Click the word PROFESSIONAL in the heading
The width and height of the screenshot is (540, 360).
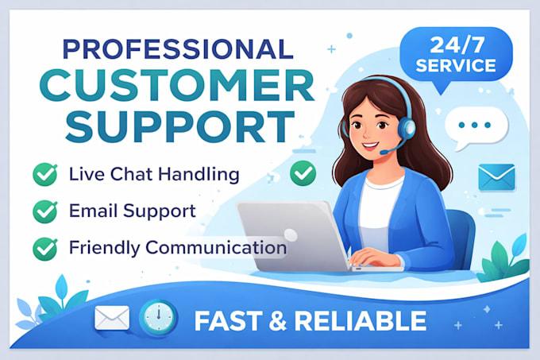178,49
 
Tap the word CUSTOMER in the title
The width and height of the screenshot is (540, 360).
177,85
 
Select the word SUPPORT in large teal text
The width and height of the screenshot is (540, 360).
180,127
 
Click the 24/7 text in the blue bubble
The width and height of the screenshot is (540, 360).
457,45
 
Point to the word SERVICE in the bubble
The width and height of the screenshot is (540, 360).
456,65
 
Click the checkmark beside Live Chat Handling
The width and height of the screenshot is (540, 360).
45,174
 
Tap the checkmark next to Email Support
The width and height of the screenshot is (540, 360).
45,211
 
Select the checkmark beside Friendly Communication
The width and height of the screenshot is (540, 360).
45,249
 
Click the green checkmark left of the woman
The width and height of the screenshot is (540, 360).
303,173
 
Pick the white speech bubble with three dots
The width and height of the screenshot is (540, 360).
476,127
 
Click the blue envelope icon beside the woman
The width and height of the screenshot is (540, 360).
496,177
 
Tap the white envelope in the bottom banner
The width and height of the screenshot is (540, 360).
112,318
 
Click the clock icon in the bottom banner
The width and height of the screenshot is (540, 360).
158,318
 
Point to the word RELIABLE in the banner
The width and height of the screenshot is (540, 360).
361,321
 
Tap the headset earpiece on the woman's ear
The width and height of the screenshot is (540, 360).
407,128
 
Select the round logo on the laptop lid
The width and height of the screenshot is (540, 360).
291,235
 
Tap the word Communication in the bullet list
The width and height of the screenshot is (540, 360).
216,247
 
